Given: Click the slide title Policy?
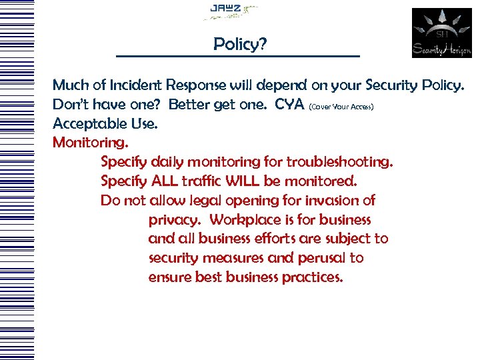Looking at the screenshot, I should (x=240, y=45).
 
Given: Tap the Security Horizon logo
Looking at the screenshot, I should (x=441, y=33).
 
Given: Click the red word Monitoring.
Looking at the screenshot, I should (x=91, y=142).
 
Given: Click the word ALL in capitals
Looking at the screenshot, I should (x=167, y=181).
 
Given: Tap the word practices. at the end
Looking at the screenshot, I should (x=311, y=277).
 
